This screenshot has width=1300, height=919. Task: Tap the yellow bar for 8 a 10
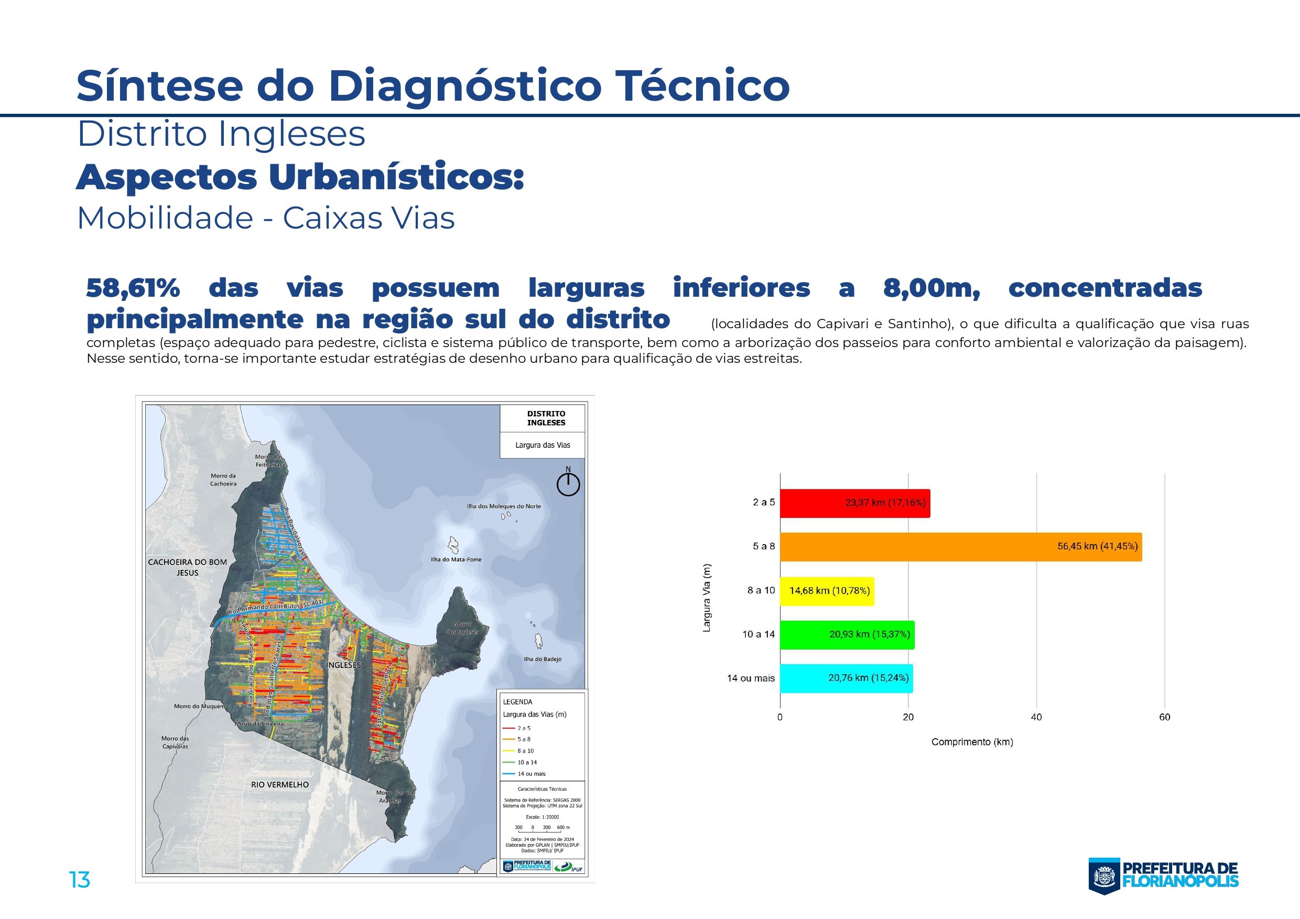pyautogui.click(x=826, y=591)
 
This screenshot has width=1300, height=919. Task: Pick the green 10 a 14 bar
pyautogui.click(x=847, y=634)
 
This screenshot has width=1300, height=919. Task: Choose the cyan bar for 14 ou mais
pyautogui.click(x=846, y=678)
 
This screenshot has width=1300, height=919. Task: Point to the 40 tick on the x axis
pyautogui.click(x=1036, y=717)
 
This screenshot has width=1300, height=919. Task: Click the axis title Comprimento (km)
pyautogui.click(x=972, y=742)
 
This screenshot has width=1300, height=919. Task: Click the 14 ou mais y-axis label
pyautogui.click(x=750, y=678)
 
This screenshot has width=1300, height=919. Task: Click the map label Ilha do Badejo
pyautogui.click(x=543, y=659)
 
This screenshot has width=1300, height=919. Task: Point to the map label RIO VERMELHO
pyautogui.click(x=280, y=784)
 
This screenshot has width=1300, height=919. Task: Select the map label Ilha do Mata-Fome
pyautogui.click(x=456, y=559)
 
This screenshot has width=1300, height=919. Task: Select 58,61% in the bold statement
pyautogui.click(x=133, y=288)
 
